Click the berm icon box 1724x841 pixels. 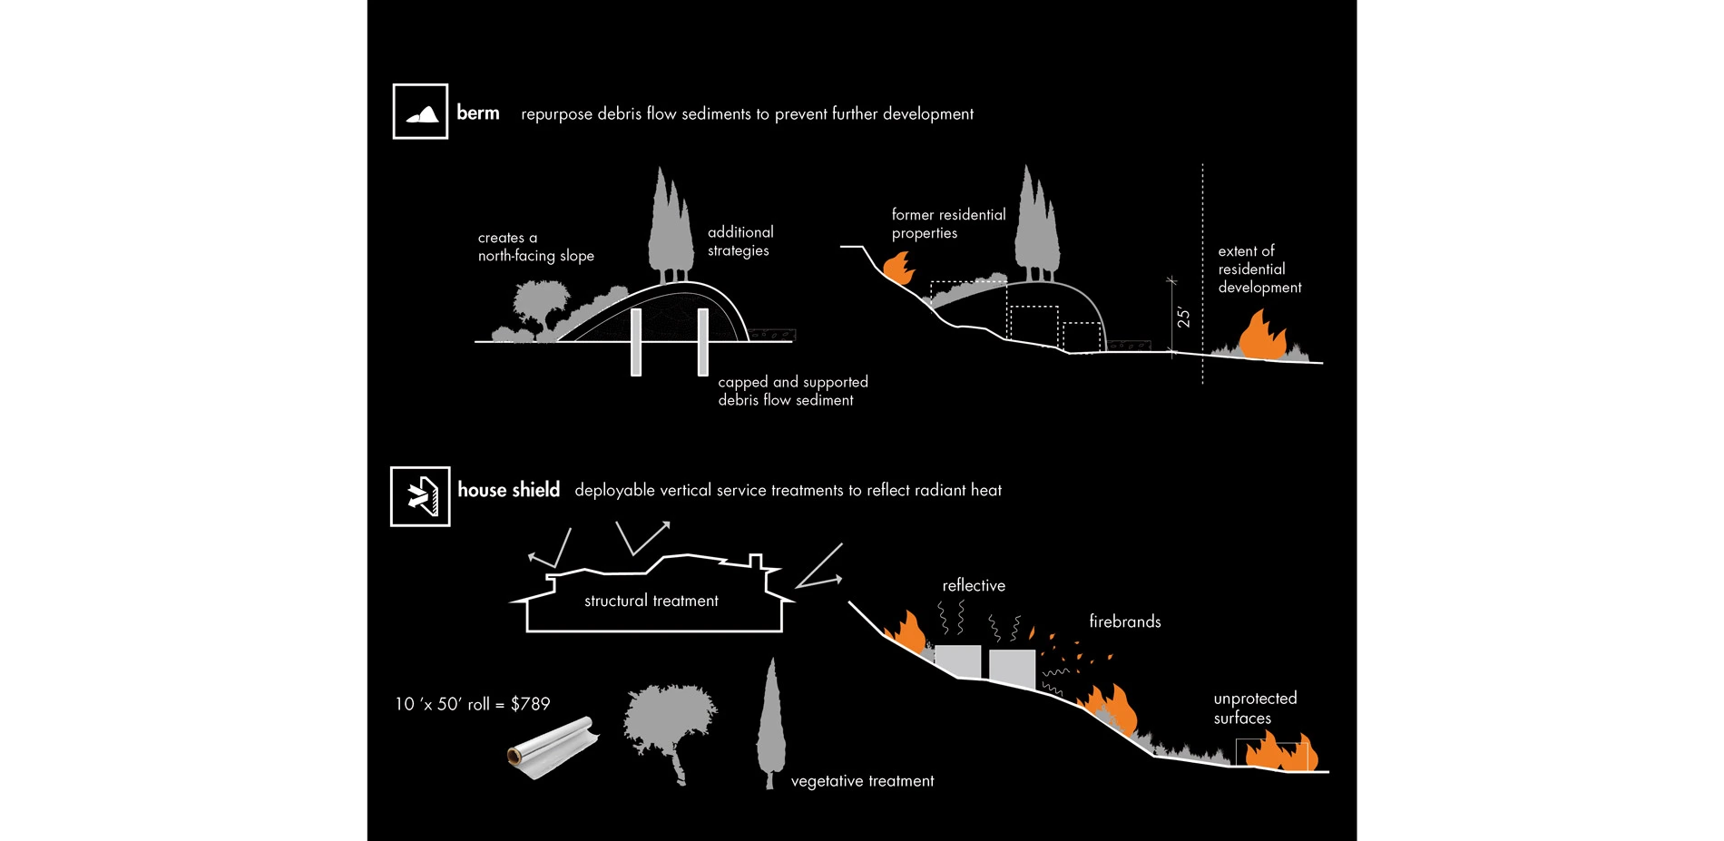point(420,112)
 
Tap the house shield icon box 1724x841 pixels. point(420,496)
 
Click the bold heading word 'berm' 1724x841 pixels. point(478,112)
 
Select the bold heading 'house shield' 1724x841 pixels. point(508,490)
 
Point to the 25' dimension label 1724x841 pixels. point(1183,317)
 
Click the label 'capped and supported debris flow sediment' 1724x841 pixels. point(792,391)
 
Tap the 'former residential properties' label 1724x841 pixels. point(948,223)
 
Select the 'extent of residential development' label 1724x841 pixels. point(1259,269)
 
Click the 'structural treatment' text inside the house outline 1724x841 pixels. point(651,601)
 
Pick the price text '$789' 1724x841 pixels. point(530,704)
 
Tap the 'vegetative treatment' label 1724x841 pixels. point(862,781)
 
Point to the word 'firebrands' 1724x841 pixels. point(1124,621)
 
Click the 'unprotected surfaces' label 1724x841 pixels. point(1254,708)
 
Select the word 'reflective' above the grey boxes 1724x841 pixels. point(973,586)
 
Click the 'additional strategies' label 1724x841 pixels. point(740,241)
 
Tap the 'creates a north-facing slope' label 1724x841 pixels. point(535,247)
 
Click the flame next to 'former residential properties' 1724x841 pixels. point(898,268)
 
